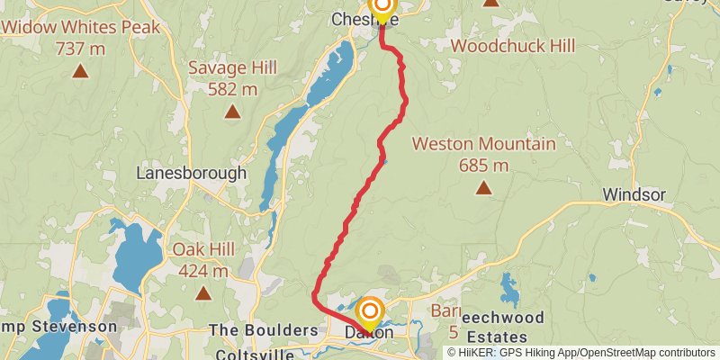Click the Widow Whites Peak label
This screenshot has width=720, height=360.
click(81, 27)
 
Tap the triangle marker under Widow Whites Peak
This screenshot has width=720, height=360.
click(80, 70)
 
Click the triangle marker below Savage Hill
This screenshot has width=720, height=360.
click(232, 112)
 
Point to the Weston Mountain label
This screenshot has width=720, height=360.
click(483, 144)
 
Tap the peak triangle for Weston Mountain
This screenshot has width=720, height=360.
click(484, 187)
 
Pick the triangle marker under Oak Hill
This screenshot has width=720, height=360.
click(203, 292)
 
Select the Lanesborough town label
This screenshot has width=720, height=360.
click(191, 173)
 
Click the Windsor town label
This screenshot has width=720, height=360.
click(634, 195)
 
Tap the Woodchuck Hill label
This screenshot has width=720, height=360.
click(499, 44)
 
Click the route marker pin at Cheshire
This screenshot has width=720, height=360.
click(382, 9)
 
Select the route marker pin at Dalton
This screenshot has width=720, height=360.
click(370, 314)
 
